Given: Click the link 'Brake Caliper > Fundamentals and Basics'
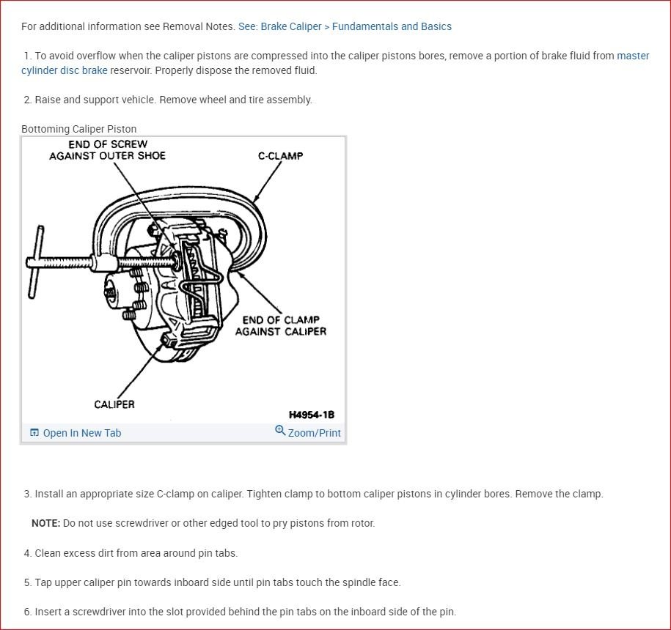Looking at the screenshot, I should [x=356, y=26].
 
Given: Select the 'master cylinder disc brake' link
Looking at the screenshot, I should [x=65, y=70].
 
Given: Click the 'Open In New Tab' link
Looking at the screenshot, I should [x=81, y=433].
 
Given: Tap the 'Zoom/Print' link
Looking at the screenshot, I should [x=314, y=433].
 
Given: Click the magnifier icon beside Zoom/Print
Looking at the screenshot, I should [x=280, y=431].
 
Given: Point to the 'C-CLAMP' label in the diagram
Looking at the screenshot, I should [x=280, y=156].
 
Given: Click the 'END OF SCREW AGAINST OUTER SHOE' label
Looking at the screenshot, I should [x=108, y=150].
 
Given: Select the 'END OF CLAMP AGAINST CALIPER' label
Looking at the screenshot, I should [x=281, y=325].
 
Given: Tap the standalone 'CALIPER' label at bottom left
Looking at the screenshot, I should [x=114, y=404].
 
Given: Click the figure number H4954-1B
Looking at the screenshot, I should [x=311, y=415].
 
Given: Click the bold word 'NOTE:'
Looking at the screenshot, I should [x=45, y=523].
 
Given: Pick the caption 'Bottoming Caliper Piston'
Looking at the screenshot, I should [x=78, y=129].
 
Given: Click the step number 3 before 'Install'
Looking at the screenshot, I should [x=27, y=494].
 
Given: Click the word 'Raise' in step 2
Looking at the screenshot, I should [x=48, y=100].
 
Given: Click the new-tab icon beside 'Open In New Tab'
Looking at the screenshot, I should [x=34, y=433].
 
